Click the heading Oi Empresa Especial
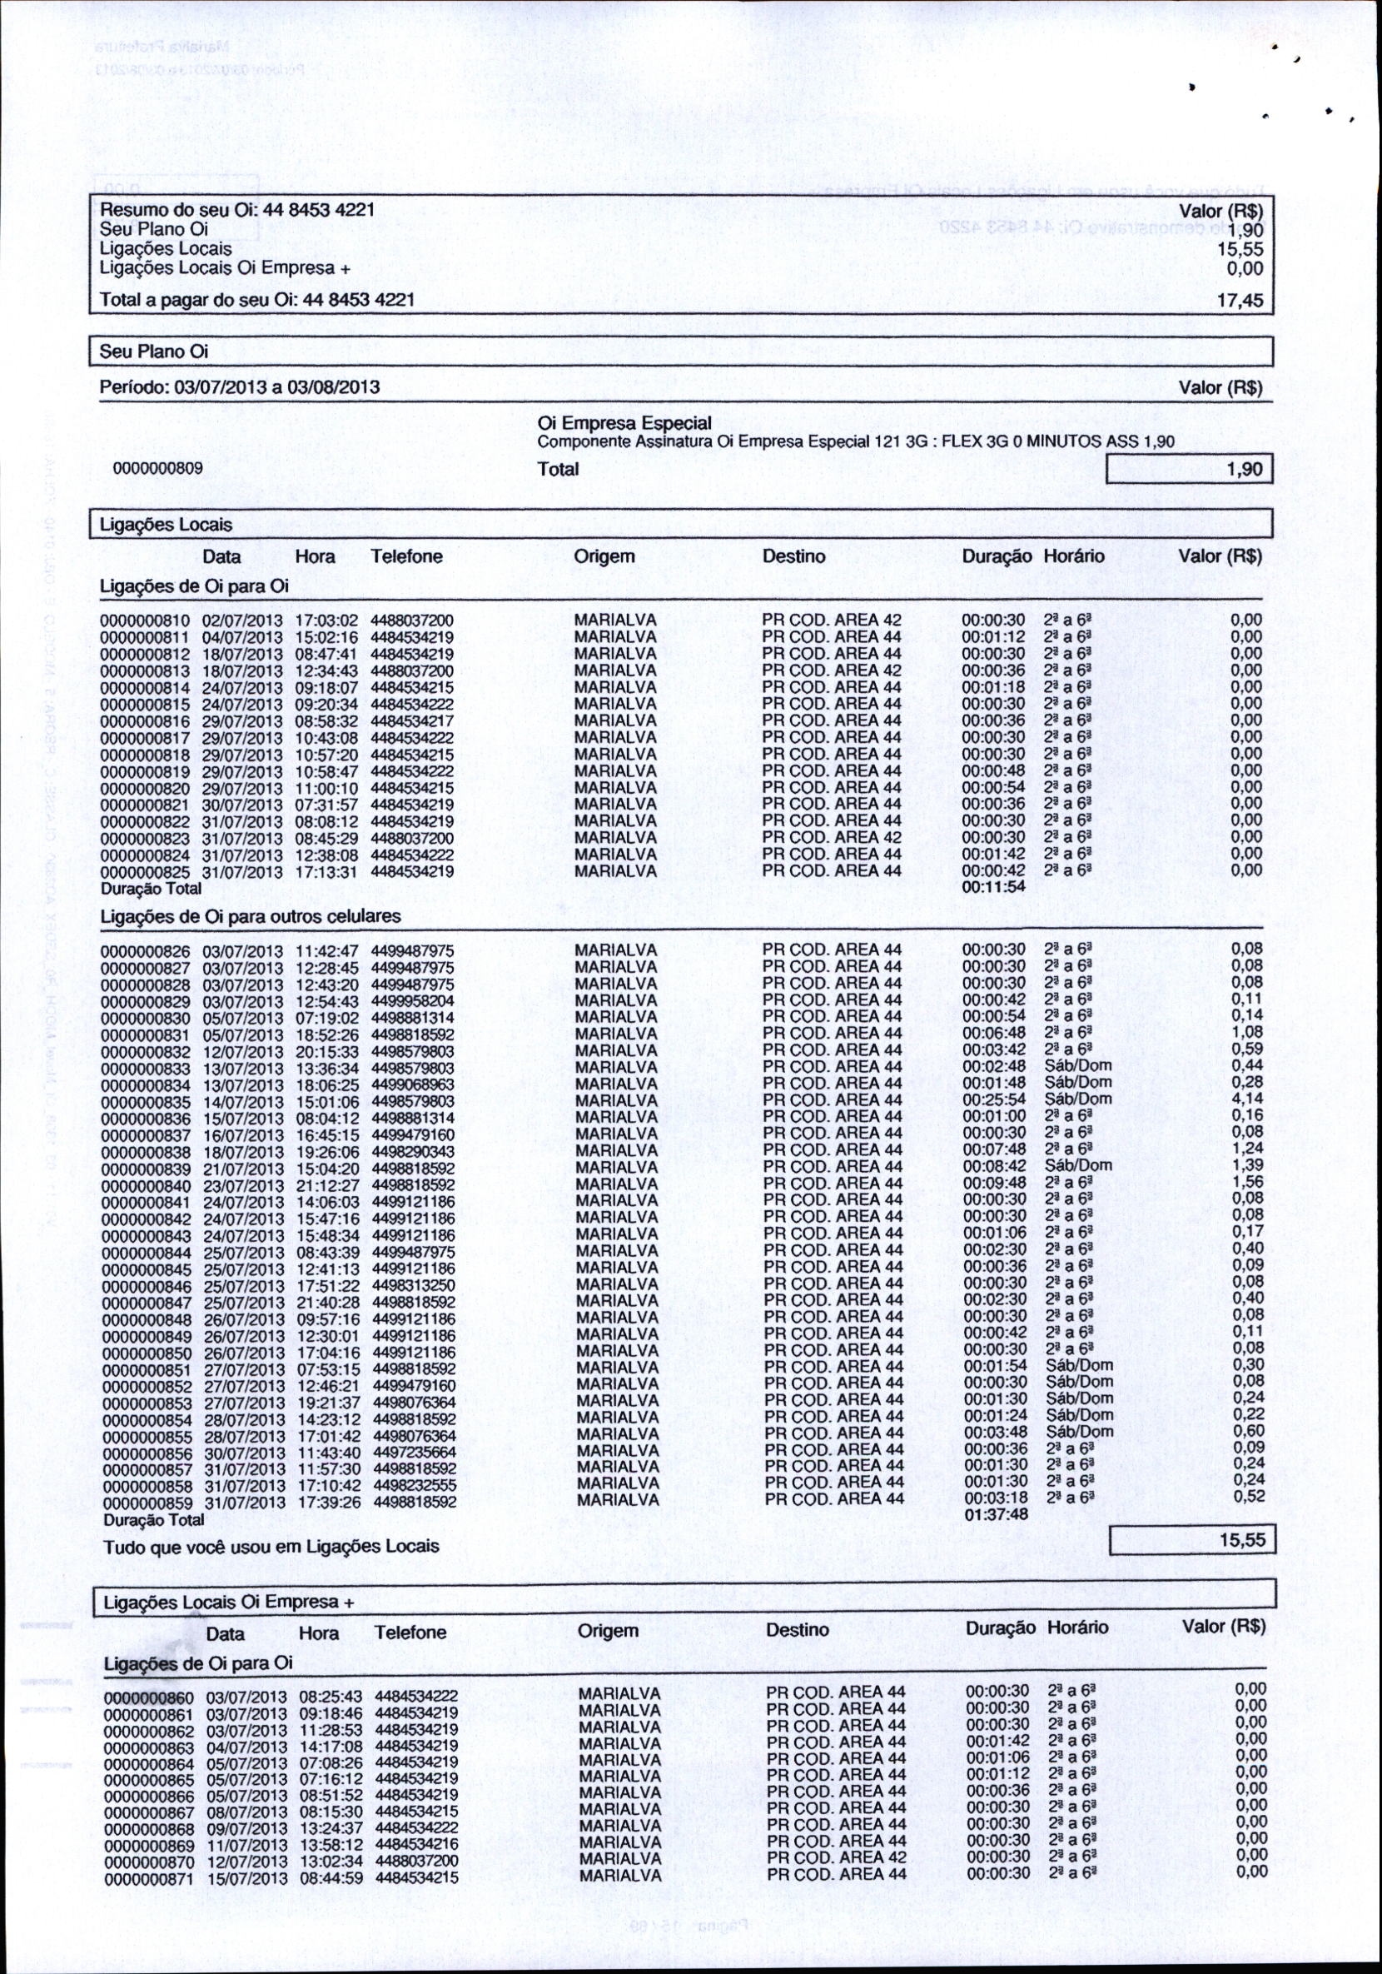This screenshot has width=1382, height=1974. pyautogui.click(x=624, y=423)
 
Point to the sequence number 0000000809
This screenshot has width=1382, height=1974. pyautogui.click(x=158, y=470)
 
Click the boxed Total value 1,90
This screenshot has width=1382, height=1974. pyautogui.click(x=1245, y=470)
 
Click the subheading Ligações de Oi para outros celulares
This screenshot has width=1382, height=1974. pyautogui.click(x=251, y=916)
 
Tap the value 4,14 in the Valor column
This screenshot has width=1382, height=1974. pyautogui.click(x=1247, y=1099)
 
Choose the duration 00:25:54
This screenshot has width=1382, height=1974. pyautogui.click(x=993, y=1099)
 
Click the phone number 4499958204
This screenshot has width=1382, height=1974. pyautogui.click(x=413, y=1001)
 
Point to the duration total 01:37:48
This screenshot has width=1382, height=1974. pyautogui.click(x=995, y=1515)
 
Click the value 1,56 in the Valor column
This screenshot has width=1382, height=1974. pyautogui.click(x=1247, y=1182)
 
